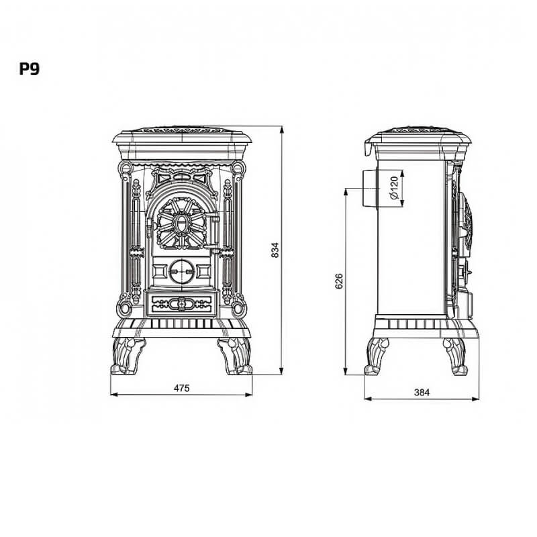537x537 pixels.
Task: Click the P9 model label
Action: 29,69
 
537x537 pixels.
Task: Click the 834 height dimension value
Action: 275,250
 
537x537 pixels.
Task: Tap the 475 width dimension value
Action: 181,388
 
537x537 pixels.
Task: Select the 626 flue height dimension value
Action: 339,281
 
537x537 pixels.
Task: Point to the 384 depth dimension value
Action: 422,392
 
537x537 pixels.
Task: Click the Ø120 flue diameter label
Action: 394,188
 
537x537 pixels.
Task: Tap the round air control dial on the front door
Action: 181,271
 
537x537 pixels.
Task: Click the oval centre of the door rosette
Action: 181,223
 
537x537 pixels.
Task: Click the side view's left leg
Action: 377,356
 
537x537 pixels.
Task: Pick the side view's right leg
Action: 456,356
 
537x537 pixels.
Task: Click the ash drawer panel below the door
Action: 181,304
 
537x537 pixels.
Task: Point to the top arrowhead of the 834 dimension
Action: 281,130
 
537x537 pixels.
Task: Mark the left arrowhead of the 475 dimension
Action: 114,395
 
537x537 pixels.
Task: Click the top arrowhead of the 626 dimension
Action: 346,191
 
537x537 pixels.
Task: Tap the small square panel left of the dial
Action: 159,271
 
